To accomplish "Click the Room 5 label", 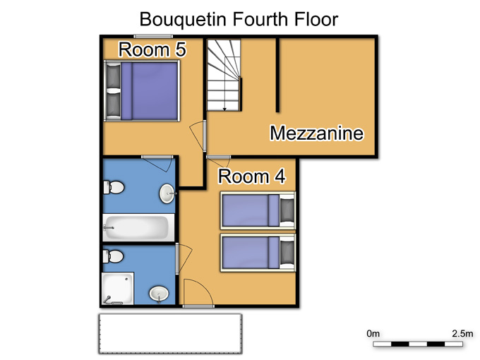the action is pos(152,49).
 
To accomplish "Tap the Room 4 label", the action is pos(251,176).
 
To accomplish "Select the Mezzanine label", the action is pos(316,133).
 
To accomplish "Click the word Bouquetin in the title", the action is pos(183,19).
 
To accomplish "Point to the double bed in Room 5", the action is pos(142,91).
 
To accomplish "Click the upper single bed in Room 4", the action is pos(258,210).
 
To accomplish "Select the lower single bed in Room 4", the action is pos(258,253).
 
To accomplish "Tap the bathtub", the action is pos(138,227).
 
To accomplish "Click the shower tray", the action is pos(118,289).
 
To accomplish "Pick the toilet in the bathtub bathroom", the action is pos(114,187).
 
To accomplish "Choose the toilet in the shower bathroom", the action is pos(113,256).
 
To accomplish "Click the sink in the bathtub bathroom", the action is pos(167,193).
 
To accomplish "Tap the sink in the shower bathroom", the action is pos(159,294).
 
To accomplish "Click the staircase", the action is pos(224,75).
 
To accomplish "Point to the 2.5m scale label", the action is pos(462,333).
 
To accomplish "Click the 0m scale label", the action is pos(373,333).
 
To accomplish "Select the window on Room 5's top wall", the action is pos(153,37).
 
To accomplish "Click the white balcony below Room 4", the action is pos(170,334).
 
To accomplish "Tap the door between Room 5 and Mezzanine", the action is pos(205,136).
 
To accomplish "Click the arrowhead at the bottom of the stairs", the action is pos(224,109).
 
